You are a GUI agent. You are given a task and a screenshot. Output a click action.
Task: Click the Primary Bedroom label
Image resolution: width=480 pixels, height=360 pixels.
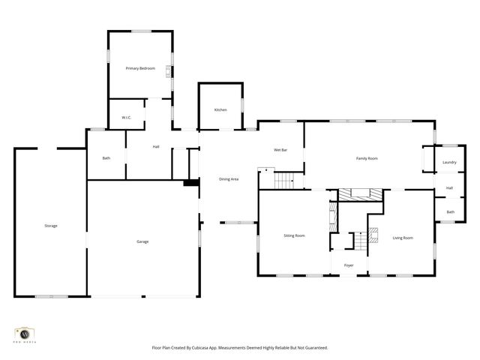point(140,68)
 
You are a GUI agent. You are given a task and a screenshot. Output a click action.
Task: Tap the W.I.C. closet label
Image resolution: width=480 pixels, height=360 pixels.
point(127,117)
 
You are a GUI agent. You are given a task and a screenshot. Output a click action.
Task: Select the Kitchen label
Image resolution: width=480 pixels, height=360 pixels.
point(220,110)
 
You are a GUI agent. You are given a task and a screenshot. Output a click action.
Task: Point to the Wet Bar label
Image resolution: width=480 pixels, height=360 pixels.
point(280,150)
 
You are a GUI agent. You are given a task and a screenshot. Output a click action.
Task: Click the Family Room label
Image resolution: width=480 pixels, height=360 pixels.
point(366,158)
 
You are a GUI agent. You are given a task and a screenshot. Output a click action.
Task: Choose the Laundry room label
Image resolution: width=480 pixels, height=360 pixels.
point(449,162)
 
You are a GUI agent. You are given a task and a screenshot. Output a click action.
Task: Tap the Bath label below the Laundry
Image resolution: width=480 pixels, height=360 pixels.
point(450,212)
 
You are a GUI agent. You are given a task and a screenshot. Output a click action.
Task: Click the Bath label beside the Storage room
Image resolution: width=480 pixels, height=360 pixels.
point(106,157)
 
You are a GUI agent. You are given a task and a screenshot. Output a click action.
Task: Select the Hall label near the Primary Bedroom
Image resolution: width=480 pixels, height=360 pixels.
point(156,146)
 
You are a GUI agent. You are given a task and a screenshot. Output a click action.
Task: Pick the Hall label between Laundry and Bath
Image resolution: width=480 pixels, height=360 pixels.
point(449,187)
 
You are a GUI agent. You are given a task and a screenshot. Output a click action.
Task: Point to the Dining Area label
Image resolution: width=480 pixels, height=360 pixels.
point(229,179)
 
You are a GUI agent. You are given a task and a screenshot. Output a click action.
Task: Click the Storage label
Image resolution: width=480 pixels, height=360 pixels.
point(50,226)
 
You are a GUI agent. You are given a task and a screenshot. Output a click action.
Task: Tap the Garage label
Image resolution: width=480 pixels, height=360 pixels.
point(142,241)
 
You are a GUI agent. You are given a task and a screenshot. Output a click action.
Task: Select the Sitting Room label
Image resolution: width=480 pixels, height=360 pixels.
point(294,235)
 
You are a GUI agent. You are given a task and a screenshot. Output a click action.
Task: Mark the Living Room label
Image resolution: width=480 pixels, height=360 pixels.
point(403,238)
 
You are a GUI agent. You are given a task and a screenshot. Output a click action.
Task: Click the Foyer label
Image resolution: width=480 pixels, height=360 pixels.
point(349,265)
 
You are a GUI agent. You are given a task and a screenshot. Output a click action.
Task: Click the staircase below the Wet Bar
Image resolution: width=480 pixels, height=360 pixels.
point(284,180)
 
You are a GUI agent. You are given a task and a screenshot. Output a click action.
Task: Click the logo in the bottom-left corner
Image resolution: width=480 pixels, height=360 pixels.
point(25,334)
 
